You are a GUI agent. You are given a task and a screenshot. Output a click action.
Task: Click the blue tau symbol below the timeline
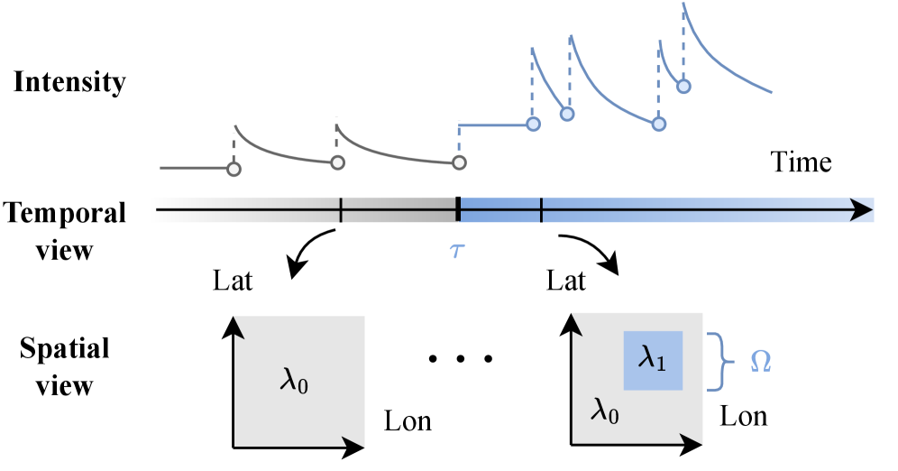click(457, 249)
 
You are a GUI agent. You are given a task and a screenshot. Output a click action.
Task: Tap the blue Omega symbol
click(761, 362)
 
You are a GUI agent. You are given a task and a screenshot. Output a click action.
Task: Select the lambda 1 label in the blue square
click(652, 359)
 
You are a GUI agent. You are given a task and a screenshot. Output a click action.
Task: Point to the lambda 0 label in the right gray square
click(604, 411)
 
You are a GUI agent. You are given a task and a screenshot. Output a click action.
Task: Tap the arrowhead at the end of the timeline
click(862, 210)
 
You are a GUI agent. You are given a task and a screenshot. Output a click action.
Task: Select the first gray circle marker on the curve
click(234, 169)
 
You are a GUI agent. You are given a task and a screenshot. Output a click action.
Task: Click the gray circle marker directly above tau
click(459, 162)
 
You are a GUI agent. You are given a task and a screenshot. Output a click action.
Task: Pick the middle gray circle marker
click(337, 162)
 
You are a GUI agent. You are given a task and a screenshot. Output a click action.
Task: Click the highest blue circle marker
click(683, 87)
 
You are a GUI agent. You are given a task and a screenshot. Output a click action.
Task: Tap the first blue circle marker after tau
click(533, 124)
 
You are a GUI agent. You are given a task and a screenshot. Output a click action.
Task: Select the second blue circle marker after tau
click(566, 114)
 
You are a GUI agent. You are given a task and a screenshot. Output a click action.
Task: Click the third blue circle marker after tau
click(659, 125)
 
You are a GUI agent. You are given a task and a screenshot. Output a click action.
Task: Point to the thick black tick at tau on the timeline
click(458, 210)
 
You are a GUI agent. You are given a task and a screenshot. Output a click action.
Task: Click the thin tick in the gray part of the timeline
click(341, 210)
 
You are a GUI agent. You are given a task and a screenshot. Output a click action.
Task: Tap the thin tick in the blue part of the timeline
click(541, 210)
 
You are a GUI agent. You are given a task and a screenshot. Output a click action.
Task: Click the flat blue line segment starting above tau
click(495, 125)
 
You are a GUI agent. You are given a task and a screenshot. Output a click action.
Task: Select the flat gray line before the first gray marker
click(194, 168)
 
